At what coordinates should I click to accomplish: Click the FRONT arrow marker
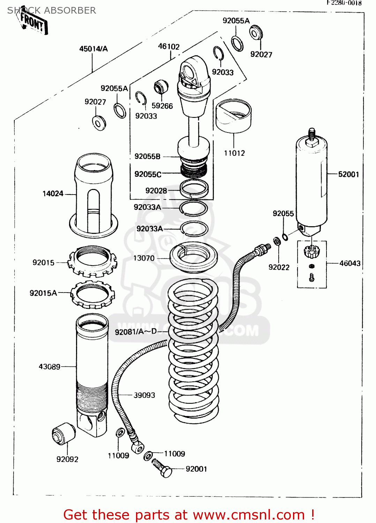click(33, 22)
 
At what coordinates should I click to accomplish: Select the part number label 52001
click(348, 174)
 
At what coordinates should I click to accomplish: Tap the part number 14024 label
click(53, 194)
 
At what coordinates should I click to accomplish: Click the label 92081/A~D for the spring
click(136, 332)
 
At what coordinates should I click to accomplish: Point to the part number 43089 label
click(50, 366)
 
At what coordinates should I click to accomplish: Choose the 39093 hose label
click(144, 395)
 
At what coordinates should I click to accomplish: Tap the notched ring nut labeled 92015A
click(93, 295)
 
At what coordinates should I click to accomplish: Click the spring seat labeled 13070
click(193, 257)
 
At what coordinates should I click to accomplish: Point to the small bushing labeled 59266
click(161, 87)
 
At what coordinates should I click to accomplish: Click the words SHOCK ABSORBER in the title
click(52, 10)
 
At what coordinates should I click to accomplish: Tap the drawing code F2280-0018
click(344, 3)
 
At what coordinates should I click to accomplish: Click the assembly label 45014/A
click(93, 49)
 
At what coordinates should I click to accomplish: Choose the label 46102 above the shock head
click(169, 46)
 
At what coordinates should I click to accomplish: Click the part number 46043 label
click(350, 263)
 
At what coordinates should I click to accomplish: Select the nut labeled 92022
click(277, 241)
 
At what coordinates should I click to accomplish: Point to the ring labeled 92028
click(194, 188)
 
